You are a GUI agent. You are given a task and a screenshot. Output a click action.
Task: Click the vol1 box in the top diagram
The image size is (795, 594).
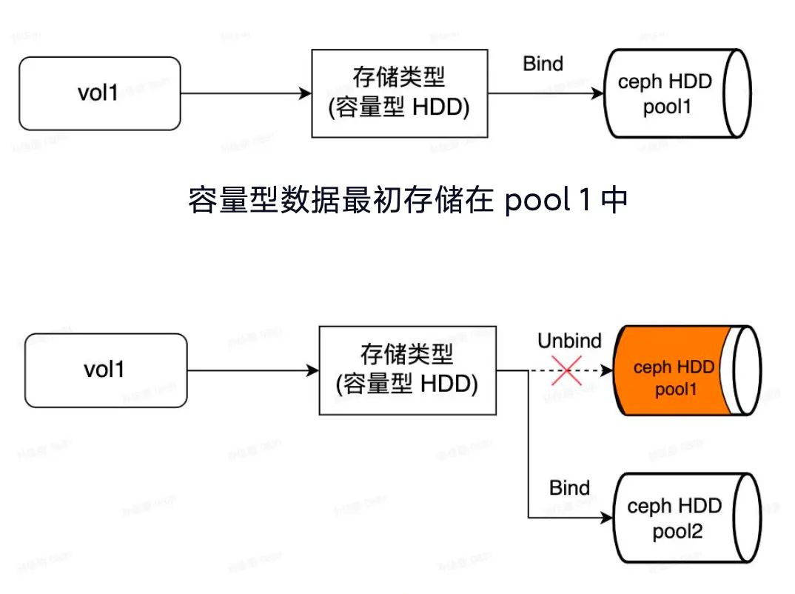[99, 93]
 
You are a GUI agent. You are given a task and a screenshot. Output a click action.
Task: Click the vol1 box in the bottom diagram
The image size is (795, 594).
[106, 370]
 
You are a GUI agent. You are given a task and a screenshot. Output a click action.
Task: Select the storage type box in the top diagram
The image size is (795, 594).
[400, 93]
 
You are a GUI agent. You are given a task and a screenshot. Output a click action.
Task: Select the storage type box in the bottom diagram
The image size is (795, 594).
[407, 370]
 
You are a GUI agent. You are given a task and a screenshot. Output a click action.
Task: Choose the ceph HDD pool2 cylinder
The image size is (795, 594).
[677, 518]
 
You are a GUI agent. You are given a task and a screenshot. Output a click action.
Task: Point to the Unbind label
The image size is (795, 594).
[569, 341]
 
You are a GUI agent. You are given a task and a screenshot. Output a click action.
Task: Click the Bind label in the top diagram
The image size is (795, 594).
[543, 64]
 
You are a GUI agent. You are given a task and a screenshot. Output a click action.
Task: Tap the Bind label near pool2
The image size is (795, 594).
[569, 488]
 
